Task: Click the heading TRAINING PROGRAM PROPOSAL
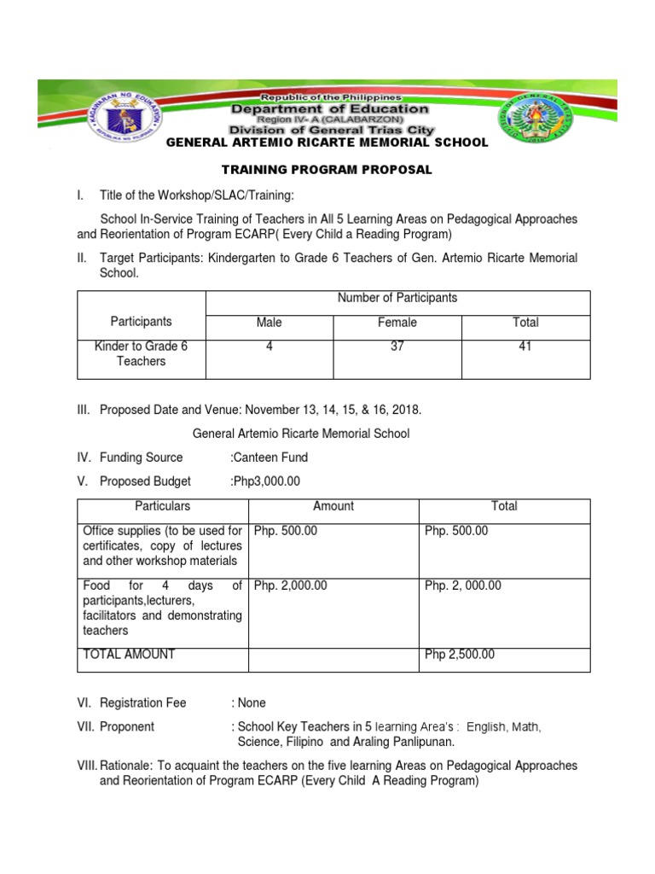coord(327,170)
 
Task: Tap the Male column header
coord(269,323)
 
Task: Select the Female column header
coord(397,323)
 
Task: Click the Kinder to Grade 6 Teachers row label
coord(142,353)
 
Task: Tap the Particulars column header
coord(162,506)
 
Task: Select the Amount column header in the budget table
coord(333,506)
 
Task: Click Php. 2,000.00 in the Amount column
coord(291,586)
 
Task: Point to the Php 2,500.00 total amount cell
coord(460,655)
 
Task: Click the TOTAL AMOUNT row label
coord(129,655)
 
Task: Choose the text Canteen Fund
coord(270,457)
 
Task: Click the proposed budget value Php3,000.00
coord(266,481)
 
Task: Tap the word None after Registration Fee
coord(252,703)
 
